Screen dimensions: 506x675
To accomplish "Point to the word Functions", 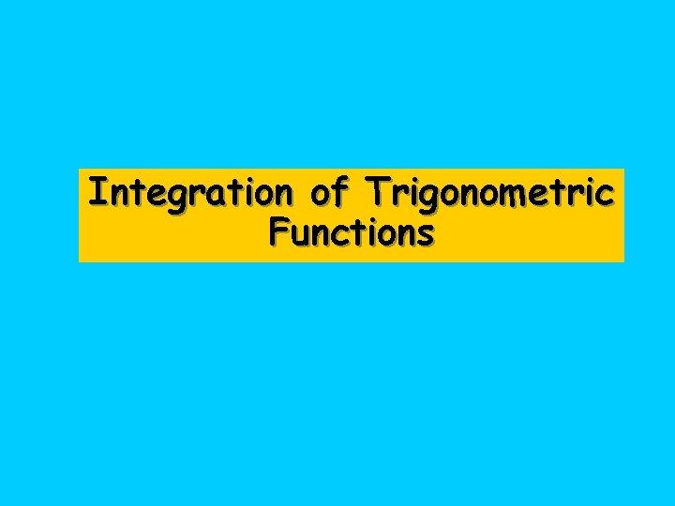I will (351, 231).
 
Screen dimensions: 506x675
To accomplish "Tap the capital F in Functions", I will (277, 231).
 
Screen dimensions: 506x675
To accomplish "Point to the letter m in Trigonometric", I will (515, 195).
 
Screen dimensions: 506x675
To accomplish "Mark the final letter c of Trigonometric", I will (607, 195).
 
